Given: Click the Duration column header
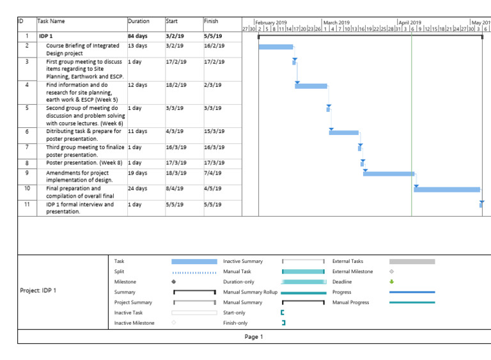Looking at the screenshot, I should (x=139, y=21).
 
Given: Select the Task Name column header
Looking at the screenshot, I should (x=52, y=21).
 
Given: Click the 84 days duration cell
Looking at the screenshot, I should (x=137, y=36).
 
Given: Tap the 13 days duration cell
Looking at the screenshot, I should (x=137, y=46).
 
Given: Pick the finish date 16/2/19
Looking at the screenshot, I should (x=214, y=46).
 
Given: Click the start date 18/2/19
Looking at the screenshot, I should (x=175, y=84).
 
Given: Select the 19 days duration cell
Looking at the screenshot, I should (x=137, y=173).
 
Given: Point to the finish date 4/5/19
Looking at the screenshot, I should (x=213, y=189).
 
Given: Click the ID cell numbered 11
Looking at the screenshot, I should (x=27, y=205).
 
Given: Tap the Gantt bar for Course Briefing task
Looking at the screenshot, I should (x=276, y=47).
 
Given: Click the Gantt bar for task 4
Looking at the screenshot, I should (x=311, y=86).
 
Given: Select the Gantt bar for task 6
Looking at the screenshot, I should (x=344, y=132).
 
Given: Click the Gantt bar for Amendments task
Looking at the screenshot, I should (x=389, y=173).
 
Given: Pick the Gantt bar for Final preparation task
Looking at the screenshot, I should (x=447, y=189).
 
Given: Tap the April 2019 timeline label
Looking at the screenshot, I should (x=410, y=22).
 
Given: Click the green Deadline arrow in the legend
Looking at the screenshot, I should (x=392, y=281).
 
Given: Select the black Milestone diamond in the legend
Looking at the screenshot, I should (x=174, y=282).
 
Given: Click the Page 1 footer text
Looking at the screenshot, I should (x=254, y=337).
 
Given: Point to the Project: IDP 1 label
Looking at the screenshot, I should (x=38, y=290).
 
